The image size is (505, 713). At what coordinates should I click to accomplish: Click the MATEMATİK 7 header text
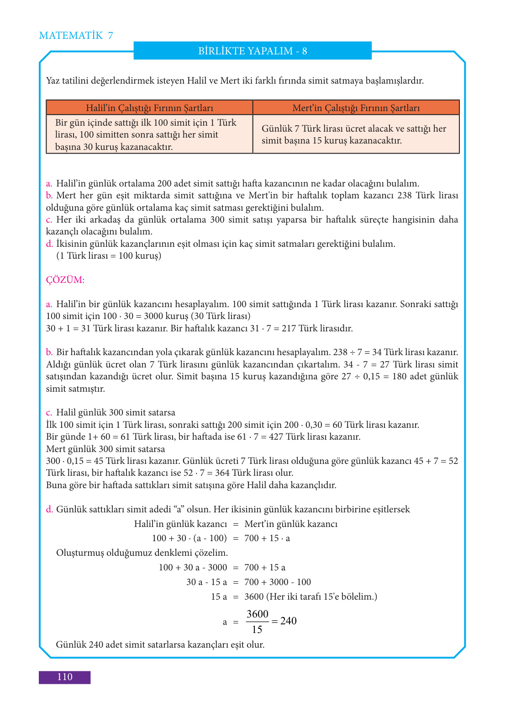coord(76,36)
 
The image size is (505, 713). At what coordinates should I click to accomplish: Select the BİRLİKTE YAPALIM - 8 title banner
coord(252,51)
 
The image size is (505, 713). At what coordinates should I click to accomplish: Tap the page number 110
coord(64,677)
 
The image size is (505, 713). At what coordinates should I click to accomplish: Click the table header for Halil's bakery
coord(149,108)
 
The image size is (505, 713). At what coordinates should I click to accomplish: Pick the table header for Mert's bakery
coord(356,108)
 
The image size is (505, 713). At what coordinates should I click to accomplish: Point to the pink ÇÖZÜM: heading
coord(65,280)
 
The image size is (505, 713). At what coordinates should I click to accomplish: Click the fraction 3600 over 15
coord(258,622)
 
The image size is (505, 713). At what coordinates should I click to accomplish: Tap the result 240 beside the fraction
coord(289,621)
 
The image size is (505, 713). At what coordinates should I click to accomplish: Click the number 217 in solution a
coord(289,328)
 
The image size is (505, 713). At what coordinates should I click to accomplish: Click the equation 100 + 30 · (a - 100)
coord(189,538)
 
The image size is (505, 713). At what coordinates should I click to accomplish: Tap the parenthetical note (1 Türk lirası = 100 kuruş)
coord(109,255)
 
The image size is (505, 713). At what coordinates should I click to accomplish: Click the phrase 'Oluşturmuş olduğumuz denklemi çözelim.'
coord(142,553)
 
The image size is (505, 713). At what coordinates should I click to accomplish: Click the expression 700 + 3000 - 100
coord(278,582)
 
